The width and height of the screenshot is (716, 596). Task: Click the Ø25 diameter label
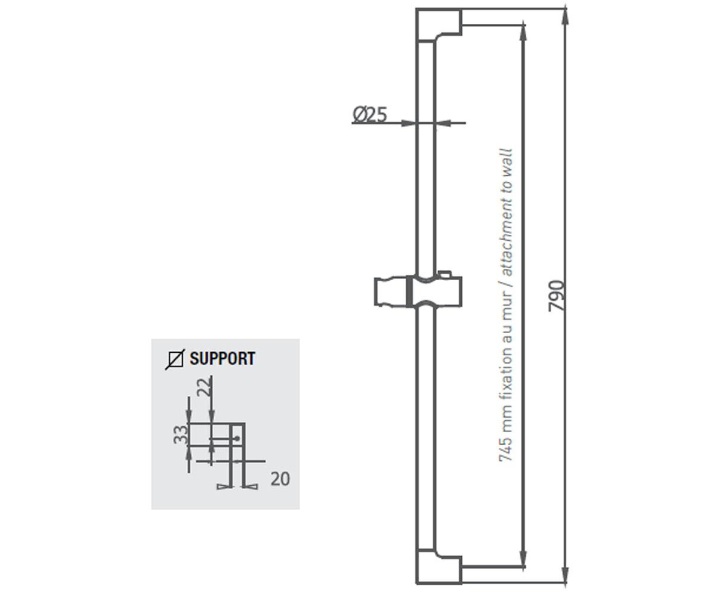click(370, 114)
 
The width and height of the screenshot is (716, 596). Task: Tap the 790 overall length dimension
click(555, 296)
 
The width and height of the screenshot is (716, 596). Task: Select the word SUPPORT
click(223, 358)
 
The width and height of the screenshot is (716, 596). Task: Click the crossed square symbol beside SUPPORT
click(175, 359)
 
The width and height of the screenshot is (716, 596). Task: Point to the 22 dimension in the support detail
click(205, 387)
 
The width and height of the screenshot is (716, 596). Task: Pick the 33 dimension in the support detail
click(181, 434)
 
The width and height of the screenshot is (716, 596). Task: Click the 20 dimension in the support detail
click(280, 479)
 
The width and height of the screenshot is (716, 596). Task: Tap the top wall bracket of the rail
click(439, 26)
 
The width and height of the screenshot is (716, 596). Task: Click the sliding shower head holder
click(418, 291)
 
